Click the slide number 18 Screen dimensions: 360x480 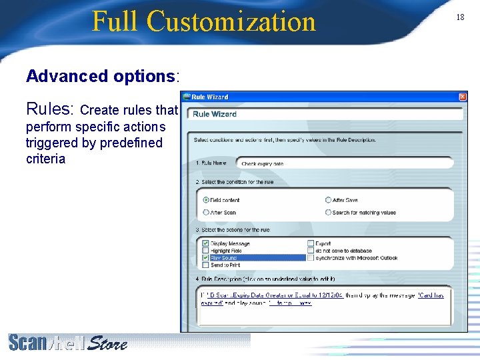coord(460,17)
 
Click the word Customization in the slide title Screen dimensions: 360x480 coord(231,21)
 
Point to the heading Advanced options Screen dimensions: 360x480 coord(101,76)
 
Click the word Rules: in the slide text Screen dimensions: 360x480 coord(51,109)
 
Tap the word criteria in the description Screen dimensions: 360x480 coord(45,159)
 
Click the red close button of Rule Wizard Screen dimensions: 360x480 coord(463,97)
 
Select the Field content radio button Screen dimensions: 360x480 coord(205,200)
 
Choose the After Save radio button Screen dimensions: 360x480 coord(328,200)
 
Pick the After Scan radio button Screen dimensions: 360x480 coord(205,213)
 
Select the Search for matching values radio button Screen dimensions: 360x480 coord(328,213)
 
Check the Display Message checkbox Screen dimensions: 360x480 coord(205,244)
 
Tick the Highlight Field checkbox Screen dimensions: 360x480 coord(205,251)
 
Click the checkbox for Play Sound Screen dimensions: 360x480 coord(205,258)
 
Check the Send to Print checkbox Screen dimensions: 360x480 coord(205,265)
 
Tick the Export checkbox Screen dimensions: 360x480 coord(311,244)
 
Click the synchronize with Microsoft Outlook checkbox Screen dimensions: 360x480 coord(311,258)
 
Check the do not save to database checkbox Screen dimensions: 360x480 coord(311,251)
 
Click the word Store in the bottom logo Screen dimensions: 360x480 coord(107,343)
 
